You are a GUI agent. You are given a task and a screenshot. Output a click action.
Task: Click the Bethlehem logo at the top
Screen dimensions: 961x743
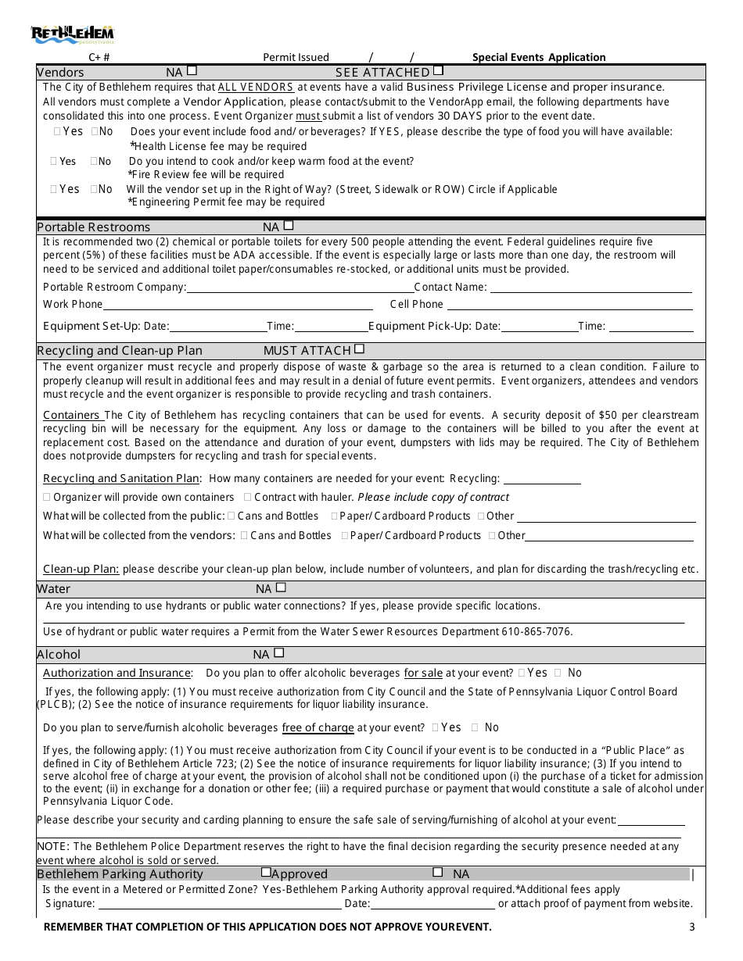pos(72,34)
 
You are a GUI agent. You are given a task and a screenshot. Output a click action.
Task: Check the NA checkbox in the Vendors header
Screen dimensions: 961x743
pos(192,70)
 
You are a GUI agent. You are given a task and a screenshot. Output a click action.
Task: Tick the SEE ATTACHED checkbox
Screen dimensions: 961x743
pos(438,70)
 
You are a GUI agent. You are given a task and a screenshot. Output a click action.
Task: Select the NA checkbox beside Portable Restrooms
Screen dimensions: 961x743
pos(289,225)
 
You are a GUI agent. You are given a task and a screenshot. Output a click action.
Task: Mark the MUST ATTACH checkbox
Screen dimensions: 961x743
pos(359,348)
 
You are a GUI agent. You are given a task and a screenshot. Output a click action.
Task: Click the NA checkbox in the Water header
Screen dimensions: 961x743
pos(281,587)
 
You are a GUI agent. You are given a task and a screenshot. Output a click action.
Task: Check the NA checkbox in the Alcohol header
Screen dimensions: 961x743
pos(278,652)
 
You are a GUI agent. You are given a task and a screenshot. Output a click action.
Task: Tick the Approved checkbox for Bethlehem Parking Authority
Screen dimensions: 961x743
pos(266,872)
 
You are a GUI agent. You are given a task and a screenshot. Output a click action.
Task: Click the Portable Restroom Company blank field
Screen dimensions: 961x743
pos(299,288)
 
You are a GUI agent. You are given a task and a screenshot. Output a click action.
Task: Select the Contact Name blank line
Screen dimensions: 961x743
pos(590,288)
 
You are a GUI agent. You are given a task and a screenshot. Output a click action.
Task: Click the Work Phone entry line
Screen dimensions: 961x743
pos(238,305)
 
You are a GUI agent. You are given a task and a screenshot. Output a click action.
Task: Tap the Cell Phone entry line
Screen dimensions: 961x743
pos(569,305)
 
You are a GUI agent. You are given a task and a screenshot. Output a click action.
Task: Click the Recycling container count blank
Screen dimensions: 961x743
pos(541,479)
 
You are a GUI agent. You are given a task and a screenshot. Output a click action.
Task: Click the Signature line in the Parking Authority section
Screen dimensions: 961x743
pos(219,904)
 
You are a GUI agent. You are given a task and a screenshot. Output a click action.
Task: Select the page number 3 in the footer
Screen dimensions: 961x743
pos(691,927)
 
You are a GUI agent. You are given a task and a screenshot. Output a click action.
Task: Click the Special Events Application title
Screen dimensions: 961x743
pos(539,57)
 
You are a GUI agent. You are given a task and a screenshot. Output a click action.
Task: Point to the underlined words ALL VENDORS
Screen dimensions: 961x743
pos(256,88)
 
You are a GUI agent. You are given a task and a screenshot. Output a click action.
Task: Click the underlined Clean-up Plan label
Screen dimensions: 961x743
pos(81,569)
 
